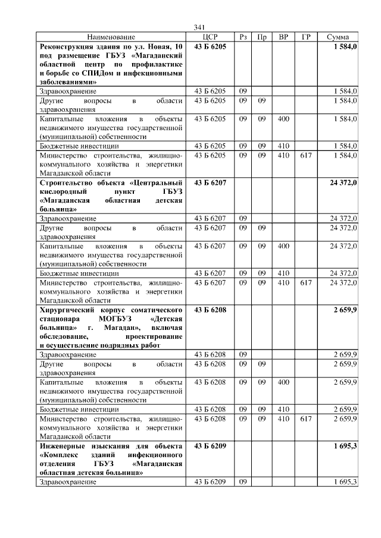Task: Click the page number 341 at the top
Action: pos(199,27)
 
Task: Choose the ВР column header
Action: pos(283,37)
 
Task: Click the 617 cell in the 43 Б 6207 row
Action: pos(306,282)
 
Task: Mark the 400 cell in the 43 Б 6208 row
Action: pos(283,382)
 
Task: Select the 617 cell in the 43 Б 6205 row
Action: pos(306,155)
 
